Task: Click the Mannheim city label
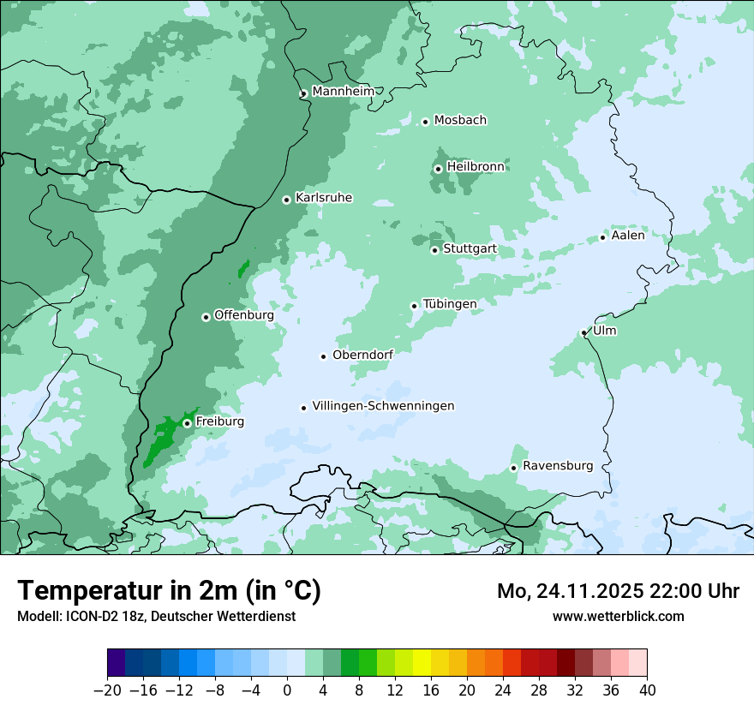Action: [343, 91]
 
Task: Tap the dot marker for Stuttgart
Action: [434, 250]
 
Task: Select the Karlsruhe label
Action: [323, 198]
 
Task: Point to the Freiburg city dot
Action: [187, 423]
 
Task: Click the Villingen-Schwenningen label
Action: [383, 406]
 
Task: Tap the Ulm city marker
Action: [583, 332]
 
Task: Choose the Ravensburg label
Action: [557, 466]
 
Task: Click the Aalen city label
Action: [627, 236]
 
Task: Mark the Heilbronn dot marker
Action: [438, 169]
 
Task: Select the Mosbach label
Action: [459, 120]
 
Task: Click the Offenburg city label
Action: [243, 315]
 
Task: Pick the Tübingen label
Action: [449, 304]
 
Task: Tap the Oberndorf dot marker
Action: [323, 356]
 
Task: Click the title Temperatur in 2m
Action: [169, 591]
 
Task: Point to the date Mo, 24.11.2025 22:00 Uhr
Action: [618, 592]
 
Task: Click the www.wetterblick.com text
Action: [618, 616]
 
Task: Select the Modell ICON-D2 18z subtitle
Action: [156, 616]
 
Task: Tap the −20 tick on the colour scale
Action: [108, 690]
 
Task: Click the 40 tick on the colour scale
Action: [647, 690]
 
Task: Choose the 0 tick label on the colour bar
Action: [287, 690]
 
